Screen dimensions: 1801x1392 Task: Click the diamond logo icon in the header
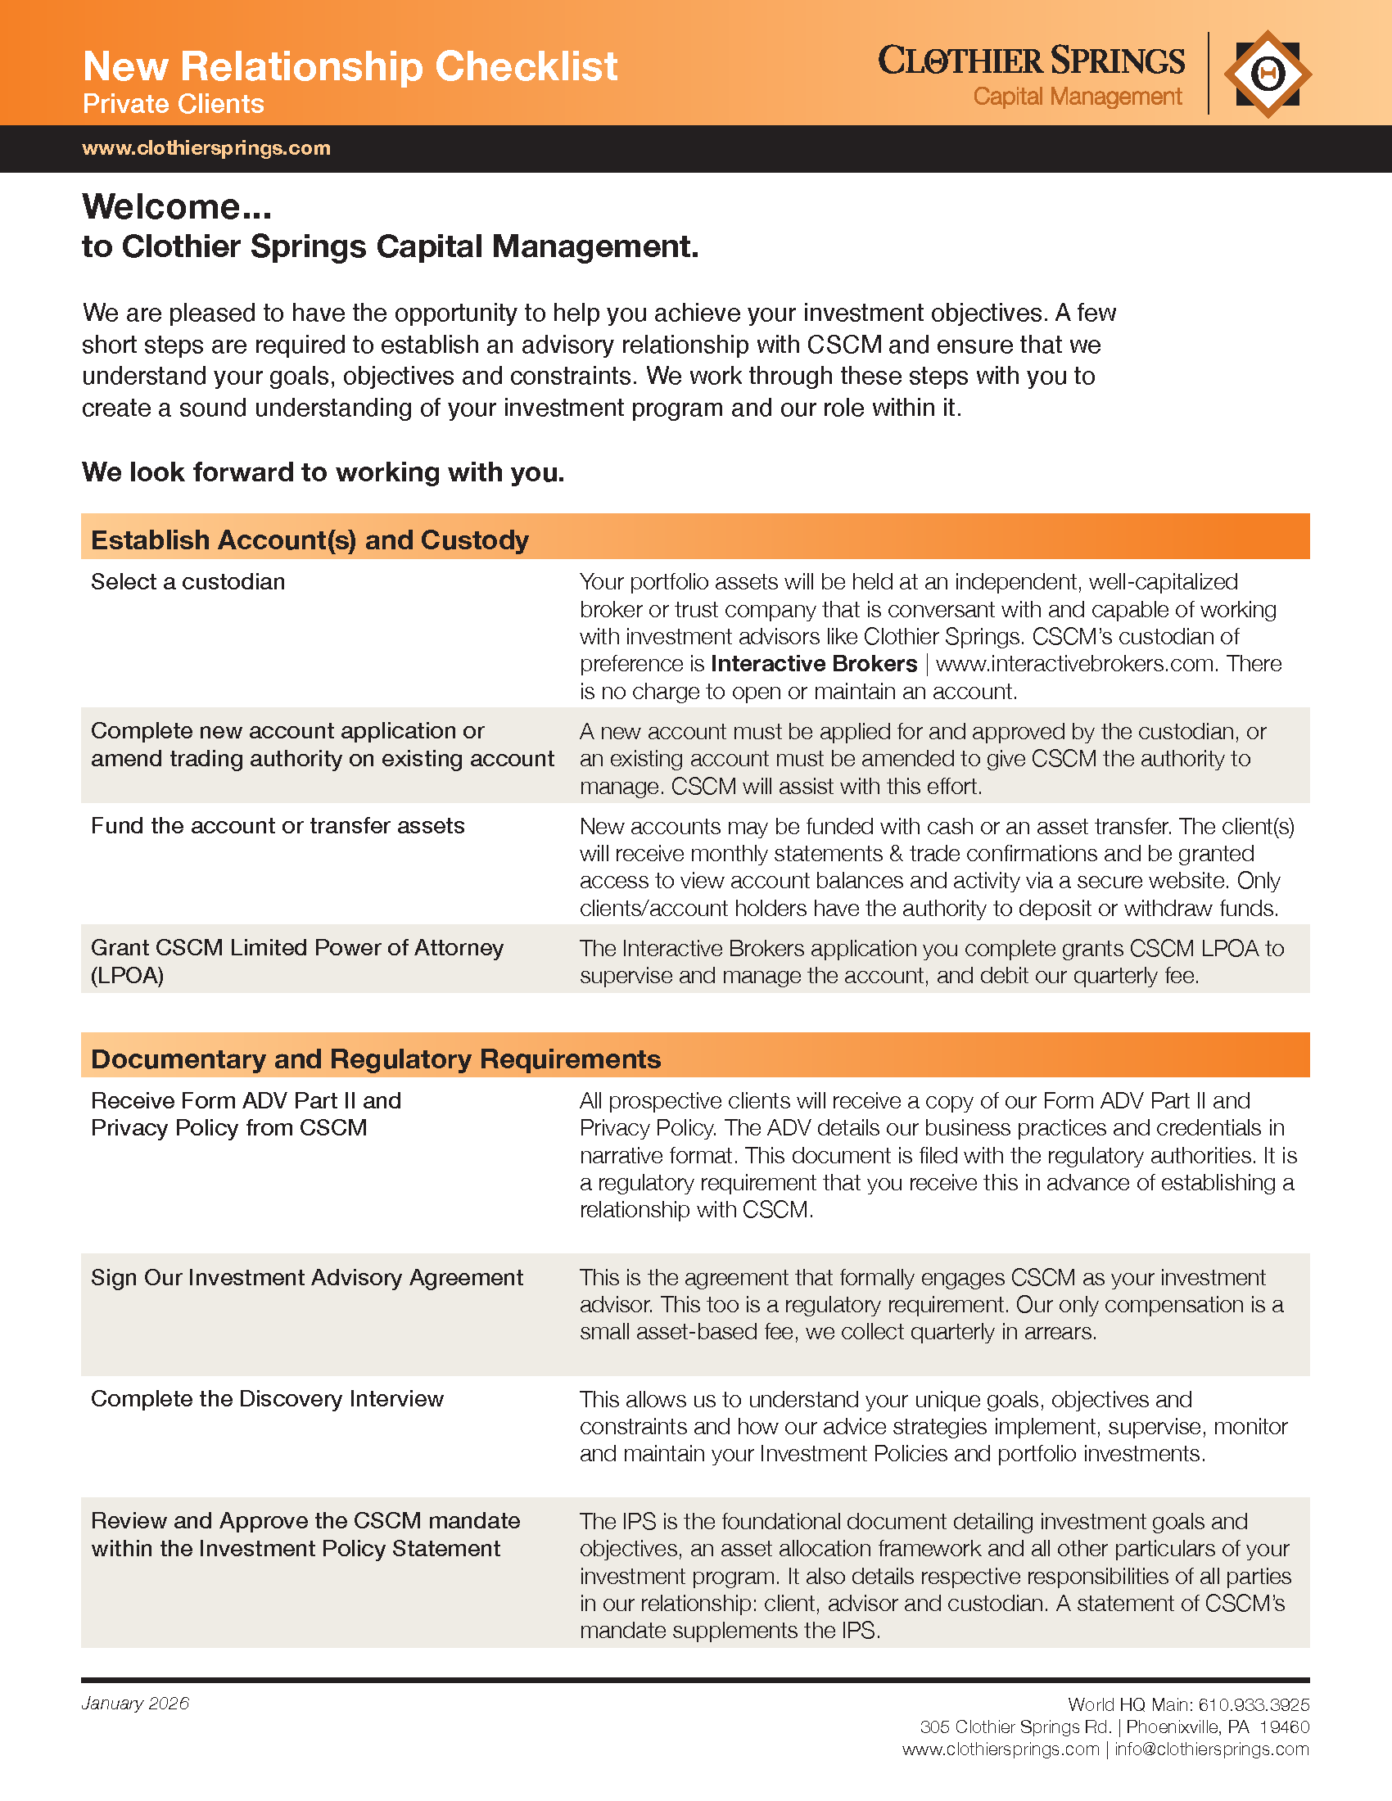(1268, 74)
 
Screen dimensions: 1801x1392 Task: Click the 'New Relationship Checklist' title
(350, 66)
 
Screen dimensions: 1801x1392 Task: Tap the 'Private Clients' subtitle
(173, 104)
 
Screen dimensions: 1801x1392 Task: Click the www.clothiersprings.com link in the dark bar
(206, 148)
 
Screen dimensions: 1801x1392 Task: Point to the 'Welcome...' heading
(177, 206)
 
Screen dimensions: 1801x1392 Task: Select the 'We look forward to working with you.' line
(323, 472)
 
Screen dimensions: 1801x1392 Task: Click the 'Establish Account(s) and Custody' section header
(310, 539)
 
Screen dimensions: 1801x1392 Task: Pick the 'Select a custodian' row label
(188, 581)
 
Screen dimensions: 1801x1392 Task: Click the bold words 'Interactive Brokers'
(814, 664)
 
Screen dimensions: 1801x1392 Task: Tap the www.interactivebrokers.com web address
(1076, 664)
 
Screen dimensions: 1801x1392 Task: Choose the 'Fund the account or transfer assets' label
(278, 825)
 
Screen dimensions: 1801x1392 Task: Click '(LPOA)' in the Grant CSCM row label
(128, 976)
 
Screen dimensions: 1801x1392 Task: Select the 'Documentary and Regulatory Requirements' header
(376, 1058)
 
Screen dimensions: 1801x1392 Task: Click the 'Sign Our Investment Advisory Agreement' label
(307, 1277)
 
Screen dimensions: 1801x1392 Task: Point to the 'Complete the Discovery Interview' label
(267, 1398)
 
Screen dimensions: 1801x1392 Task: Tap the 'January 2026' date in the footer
(135, 1704)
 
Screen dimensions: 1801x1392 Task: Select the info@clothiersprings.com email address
(1211, 1749)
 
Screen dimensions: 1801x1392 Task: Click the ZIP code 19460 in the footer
(1285, 1727)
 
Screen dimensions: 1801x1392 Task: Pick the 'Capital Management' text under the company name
(1077, 97)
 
